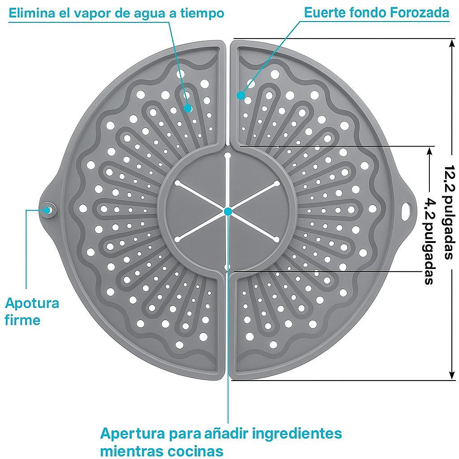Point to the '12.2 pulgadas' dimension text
pos(449,212)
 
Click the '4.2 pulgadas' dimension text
pos(429,241)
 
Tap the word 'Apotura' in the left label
pos(32,304)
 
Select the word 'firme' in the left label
pos(22,320)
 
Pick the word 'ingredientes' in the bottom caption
pos(298,434)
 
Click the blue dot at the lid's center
pos(228,211)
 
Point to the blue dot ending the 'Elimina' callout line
pos(188,108)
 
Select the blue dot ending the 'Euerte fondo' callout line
pos(241,95)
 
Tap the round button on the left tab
pos(47,209)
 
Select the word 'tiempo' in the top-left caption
pos(204,14)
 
